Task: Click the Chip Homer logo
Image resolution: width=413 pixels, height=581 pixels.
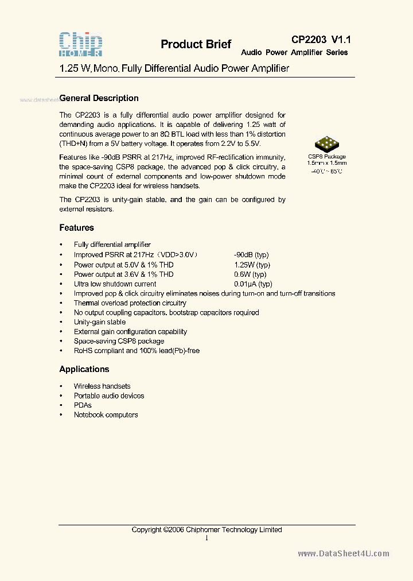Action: point(81,44)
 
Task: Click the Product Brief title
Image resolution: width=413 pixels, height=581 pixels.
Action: point(196,45)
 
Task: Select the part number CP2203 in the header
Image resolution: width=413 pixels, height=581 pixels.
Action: point(309,40)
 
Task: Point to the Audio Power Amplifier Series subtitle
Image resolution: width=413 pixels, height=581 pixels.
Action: point(294,52)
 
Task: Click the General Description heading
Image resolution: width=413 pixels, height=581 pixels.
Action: point(99,98)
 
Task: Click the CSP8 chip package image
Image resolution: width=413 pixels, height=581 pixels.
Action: point(326,144)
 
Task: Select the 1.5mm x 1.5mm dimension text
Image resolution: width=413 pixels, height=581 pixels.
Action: point(326,164)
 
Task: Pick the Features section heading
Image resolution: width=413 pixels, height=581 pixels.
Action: point(77,228)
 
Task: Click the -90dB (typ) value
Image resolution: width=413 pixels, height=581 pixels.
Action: point(251,255)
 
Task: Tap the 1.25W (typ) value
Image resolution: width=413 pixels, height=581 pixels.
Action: point(252,265)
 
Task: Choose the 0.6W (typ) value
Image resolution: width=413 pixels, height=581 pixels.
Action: point(250,274)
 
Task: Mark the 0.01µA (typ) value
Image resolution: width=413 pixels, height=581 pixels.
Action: point(253,284)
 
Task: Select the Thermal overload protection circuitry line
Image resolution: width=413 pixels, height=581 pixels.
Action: point(130,303)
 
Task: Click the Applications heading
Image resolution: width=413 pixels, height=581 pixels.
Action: point(84,369)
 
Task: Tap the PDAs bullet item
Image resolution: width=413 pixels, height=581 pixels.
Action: point(83,405)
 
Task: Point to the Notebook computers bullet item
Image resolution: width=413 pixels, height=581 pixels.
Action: point(106,415)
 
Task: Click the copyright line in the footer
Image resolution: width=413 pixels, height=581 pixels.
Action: point(206,530)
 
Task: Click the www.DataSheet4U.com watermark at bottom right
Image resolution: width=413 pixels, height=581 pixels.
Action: point(344,554)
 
